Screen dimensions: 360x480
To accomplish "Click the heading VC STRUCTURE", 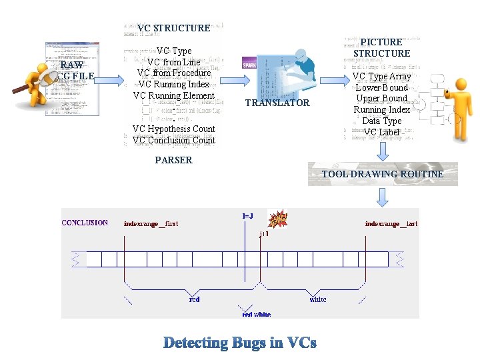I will (x=173, y=28).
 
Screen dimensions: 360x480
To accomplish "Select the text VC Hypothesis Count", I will (x=173, y=129).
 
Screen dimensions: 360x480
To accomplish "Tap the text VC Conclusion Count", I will (x=173, y=140).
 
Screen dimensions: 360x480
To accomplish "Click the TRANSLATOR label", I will (x=277, y=103).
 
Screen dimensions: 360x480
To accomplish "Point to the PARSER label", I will (x=173, y=160).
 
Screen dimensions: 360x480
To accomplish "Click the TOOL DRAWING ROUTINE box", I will (x=383, y=174).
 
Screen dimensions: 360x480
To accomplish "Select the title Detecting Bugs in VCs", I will (x=240, y=343).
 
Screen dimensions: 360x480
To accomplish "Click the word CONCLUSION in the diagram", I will (x=85, y=223).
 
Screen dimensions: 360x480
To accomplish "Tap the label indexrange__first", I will (x=151, y=223).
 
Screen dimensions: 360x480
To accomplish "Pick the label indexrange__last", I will (x=391, y=223).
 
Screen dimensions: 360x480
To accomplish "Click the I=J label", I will (x=247, y=216).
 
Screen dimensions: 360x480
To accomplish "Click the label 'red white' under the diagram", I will (x=256, y=314).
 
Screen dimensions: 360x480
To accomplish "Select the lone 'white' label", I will (x=318, y=299).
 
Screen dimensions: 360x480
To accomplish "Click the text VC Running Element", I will (x=173, y=95).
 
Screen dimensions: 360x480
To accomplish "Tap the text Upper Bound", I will (x=382, y=98).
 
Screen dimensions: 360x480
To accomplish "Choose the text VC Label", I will (x=382, y=132).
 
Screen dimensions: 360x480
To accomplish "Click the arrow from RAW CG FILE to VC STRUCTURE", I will (x=111, y=80).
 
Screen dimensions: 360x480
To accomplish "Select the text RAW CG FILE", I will (x=72, y=71).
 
